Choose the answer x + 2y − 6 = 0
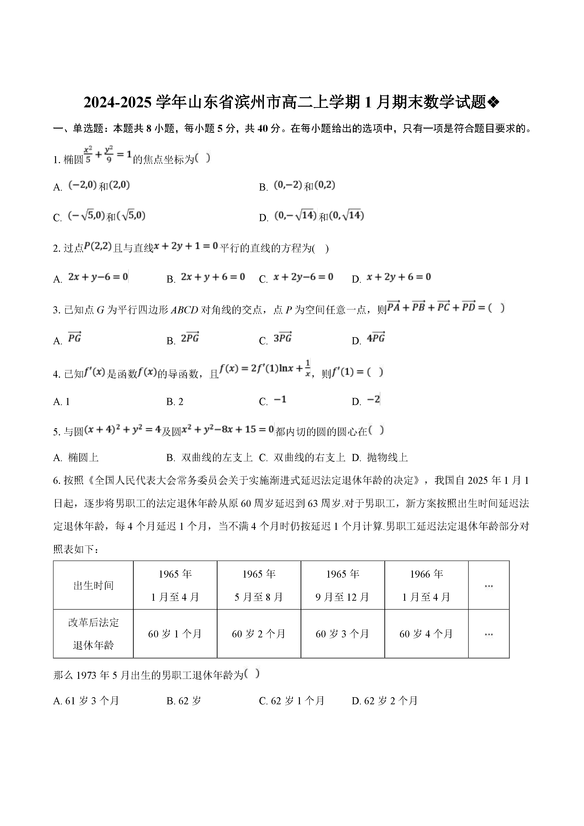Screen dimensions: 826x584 click(303, 277)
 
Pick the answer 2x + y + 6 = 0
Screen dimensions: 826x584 click(213, 277)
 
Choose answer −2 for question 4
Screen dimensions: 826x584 click(373, 400)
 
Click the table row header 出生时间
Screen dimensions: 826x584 click(93, 585)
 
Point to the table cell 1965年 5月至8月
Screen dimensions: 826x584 click(258, 585)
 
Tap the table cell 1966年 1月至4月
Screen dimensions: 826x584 click(426, 585)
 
